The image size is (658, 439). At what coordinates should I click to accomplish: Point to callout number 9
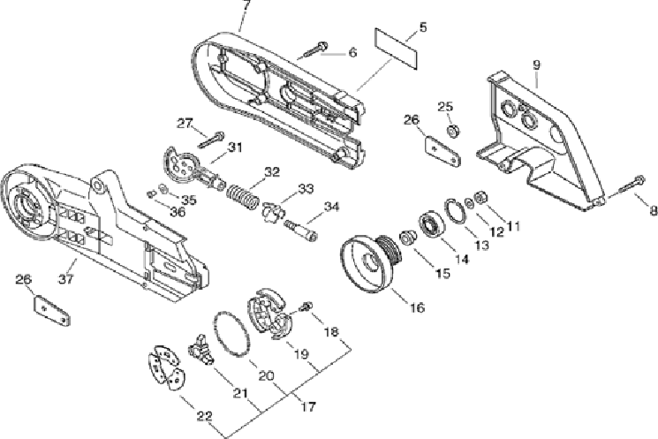536,64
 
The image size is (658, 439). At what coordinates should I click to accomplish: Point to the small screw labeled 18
306,307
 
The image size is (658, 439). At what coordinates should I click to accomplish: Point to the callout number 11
513,225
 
